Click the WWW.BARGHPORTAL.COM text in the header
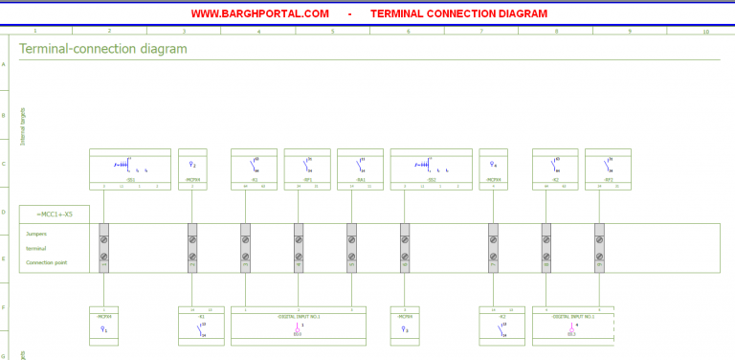pyautogui.click(x=259, y=13)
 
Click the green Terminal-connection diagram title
pyautogui.click(x=102, y=49)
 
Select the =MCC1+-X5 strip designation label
pyautogui.click(x=54, y=214)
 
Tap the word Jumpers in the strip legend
pyautogui.click(x=36, y=234)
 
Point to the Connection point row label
pyautogui.click(x=46, y=261)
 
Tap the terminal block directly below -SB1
pyautogui.click(x=104, y=248)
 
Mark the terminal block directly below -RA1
pyautogui.click(x=351, y=248)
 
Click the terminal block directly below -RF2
pyautogui.click(x=599, y=248)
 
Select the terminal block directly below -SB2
pyautogui.click(x=405, y=248)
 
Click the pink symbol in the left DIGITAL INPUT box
pyautogui.click(x=298, y=328)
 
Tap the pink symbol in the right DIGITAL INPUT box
pyautogui.click(x=571, y=328)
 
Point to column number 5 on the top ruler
pyautogui.click(x=333, y=32)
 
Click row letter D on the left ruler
pyautogui.click(x=4, y=212)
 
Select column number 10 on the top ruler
pyautogui.click(x=705, y=32)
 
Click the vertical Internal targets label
pyautogui.click(x=24, y=126)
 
